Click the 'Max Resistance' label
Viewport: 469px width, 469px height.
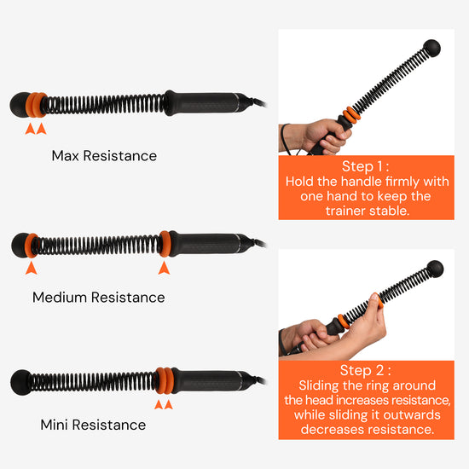coord(104,156)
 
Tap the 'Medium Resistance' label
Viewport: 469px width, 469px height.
coord(99,298)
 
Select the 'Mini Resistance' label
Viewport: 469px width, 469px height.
coord(93,425)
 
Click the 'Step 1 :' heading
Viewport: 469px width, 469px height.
coord(366,166)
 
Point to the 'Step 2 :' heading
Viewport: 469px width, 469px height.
coord(366,370)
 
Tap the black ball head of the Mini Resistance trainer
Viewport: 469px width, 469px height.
coord(20,383)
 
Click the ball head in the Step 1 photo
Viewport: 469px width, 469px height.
coord(431,48)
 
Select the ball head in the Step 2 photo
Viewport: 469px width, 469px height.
coord(435,269)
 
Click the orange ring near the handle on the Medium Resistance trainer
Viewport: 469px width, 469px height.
coord(165,244)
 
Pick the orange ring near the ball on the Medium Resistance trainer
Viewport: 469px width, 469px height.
coord(31,246)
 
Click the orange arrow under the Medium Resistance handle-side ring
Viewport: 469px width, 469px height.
coord(164,268)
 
